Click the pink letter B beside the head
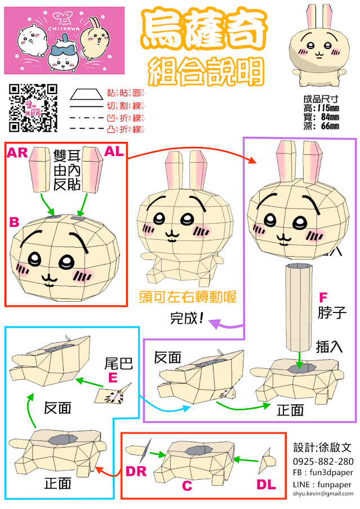pos(14,222)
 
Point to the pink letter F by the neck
pos(323,296)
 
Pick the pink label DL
pos(266,484)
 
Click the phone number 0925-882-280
pos(323,461)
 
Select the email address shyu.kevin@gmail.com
pos(323,493)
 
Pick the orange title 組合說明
pos(206,72)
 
